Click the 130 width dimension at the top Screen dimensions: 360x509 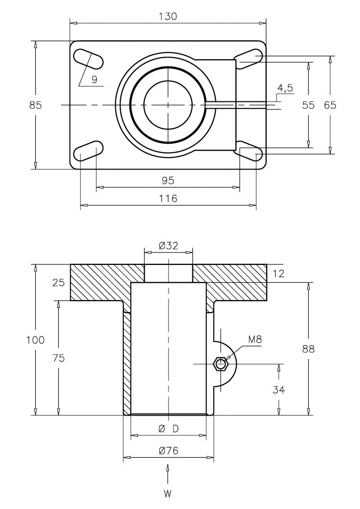point(169,16)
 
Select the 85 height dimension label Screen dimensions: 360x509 point(35,105)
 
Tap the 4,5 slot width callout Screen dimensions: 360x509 point(285,88)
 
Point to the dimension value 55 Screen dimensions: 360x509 point(308,105)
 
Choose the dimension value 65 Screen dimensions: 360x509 point(330,105)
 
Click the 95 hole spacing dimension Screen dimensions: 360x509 point(168,180)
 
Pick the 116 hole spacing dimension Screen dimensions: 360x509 point(169,198)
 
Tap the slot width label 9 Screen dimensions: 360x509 point(94,80)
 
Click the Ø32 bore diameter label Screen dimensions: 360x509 point(169,246)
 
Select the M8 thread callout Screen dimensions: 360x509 point(255,339)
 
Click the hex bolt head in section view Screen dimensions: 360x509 point(221,364)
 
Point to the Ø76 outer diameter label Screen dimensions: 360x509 point(169,450)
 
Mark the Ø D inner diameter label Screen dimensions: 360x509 point(169,429)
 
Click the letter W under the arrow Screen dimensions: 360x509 point(168,494)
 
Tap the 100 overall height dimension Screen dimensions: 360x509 point(35,340)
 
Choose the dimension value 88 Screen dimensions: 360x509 point(308,349)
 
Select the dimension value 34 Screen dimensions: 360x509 point(278,389)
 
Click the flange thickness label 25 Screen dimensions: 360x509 point(59,283)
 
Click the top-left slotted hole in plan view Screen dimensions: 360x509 point(89,59)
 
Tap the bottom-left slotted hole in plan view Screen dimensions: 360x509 point(89,151)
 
